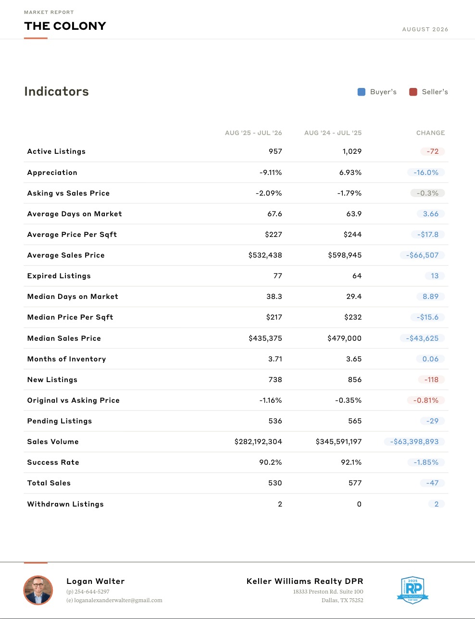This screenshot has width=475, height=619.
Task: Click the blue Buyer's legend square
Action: click(x=362, y=92)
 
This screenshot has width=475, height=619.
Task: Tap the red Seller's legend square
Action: click(x=413, y=92)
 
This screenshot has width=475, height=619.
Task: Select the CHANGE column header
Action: click(x=431, y=133)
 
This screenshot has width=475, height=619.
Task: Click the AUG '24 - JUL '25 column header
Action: click(x=333, y=133)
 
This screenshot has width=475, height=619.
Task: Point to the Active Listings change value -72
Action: click(x=433, y=151)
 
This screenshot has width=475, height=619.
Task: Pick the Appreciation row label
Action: click(x=52, y=173)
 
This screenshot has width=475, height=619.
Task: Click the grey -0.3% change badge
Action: click(x=427, y=193)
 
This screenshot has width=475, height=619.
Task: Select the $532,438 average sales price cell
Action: click(x=265, y=255)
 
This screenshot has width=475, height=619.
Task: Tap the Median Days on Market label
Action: click(x=73, y=297)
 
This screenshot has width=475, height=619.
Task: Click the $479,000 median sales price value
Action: click(x=345, y=338)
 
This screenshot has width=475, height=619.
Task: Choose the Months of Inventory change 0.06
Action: click(x=430, y=359)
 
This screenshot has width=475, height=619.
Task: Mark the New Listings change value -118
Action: click(x=431, y=380)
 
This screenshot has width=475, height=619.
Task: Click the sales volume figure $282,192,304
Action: click(x=258, y=442)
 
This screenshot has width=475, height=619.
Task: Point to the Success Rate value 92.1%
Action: click(x=351, y=462)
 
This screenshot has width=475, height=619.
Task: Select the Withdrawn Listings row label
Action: click(x=65, y=504)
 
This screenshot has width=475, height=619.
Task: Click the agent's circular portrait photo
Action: click(x=38, y=590)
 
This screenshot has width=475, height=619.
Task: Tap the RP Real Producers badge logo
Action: click(x=412, y=590)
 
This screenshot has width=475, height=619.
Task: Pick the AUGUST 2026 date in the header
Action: click(x=425, y=29)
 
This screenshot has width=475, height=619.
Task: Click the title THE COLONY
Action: click(x=65, y=26)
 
